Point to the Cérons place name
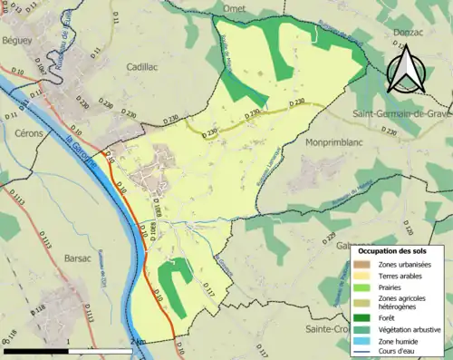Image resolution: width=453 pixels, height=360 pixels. (x=19, y=131)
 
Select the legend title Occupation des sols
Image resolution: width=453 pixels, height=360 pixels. (x=392, y=249)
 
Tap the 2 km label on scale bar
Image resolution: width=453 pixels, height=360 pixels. (x=135, y=341)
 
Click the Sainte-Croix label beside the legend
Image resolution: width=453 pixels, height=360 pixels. (x=328, y=328)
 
